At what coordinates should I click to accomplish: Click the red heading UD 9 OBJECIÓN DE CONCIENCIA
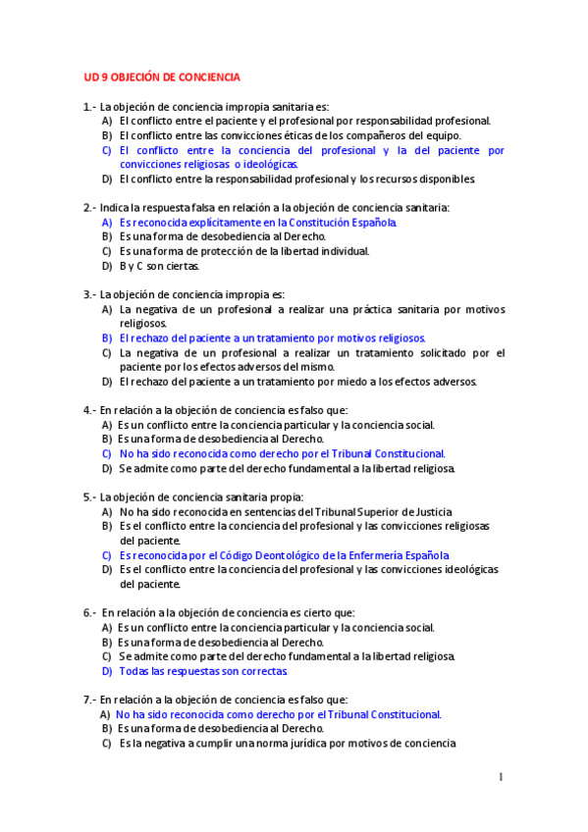pyautogui.click(x=161, y=77)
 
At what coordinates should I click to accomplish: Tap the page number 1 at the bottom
pyautogui.click(x=501, y=778)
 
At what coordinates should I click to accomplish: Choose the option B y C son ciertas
pyautogui.click(x=159, y=266)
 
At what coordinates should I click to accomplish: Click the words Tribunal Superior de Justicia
pyautogui.click(x=387, y=512)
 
